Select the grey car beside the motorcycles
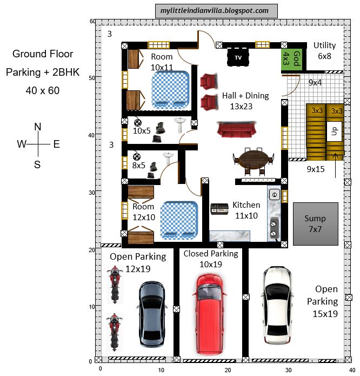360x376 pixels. pyautogui.click(x=151, y=314)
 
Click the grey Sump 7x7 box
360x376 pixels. pyautogui.click(x=315, y=222)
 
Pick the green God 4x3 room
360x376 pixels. pyautogui.click(x=286, y=58)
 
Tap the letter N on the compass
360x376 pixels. pyautogui.click(x=38, y=127)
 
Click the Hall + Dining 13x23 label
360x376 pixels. pyautogui.click(x=245, y=101)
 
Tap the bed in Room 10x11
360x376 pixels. pyautogui.click(x=170, y=90)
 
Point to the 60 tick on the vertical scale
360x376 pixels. pyautogui.click(x=92, y=22)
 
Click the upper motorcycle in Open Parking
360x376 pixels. pyautogui.click(x=114, y=284)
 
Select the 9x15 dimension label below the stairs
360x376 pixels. pyautogui.click(x=316, y=169)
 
